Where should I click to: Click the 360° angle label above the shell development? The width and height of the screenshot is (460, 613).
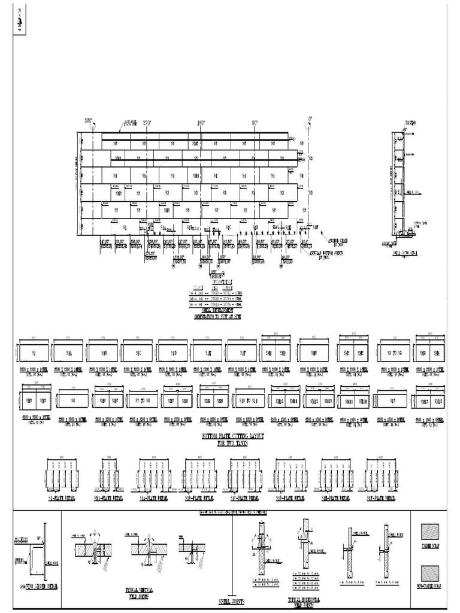point(89,121)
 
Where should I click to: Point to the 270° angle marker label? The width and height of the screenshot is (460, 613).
point(145,122)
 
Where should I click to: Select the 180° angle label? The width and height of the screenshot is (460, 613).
point(201,123)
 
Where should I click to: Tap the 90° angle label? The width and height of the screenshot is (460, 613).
point(255,123)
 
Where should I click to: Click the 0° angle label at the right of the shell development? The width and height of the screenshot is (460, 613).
point(310,119)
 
